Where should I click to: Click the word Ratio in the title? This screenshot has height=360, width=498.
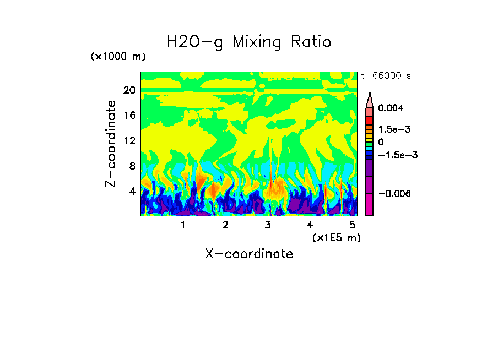point(312,41)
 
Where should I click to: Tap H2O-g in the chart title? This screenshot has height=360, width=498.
point(196,42)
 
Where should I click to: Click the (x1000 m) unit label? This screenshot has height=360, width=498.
point(118,57)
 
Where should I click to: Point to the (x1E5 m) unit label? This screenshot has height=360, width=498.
point(336,237)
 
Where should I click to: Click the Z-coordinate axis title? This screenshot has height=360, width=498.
point(111,144)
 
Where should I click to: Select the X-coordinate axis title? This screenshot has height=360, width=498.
point(249,254)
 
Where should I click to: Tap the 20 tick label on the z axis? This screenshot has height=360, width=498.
point(129,90)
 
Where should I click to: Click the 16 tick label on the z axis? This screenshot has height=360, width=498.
point(129,116)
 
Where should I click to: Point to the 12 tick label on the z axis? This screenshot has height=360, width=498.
point(129,141)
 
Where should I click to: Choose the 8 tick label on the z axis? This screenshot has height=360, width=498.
point(132,166)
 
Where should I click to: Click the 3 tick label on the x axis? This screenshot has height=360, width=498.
point(268,225)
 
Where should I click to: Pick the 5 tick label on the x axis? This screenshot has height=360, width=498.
point(353,225)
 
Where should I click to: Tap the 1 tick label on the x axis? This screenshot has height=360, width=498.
point(183,225)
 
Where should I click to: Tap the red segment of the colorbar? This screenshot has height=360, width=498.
point(370,121)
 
